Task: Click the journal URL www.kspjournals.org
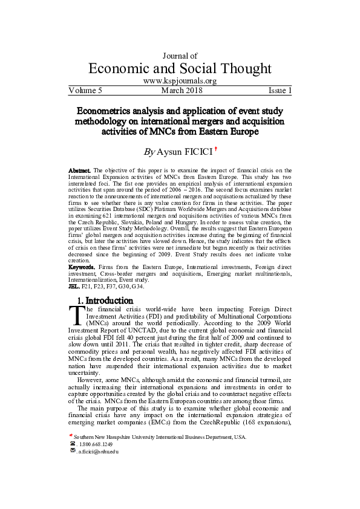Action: coord(180,81)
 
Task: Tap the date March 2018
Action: coord(182,91)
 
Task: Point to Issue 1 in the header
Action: coord(280,91)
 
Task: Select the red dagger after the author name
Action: coord(224,147)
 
